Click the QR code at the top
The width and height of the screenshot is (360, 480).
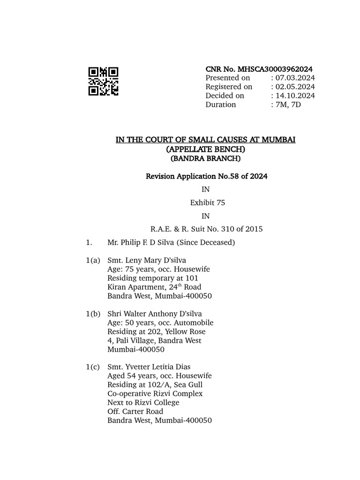point(103,82)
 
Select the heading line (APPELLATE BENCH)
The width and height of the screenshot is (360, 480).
point(206,149)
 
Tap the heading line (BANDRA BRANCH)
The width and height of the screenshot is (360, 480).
point(206,158)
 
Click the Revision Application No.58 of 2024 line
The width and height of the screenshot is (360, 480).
point(206,176)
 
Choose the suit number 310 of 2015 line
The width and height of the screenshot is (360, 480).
point(206,229)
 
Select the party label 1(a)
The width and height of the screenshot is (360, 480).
point(93,261)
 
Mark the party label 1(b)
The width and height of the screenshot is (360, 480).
point(93,314)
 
